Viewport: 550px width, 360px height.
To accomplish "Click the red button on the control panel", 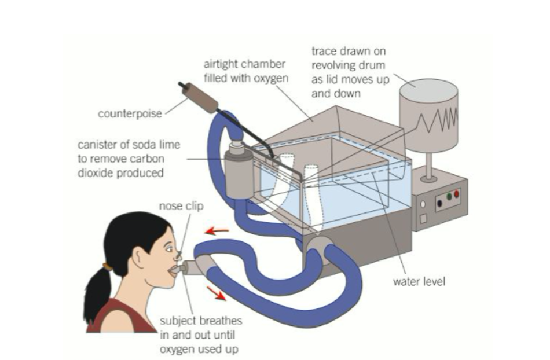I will [x=456, y=193].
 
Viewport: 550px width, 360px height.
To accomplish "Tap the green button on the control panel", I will [x=449, y=197].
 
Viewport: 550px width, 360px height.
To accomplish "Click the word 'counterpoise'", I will [x=130, y=114].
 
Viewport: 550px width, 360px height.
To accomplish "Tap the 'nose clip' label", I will [x=181, y=206].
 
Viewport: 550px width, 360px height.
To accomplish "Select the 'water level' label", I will [x=419, y=282].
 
